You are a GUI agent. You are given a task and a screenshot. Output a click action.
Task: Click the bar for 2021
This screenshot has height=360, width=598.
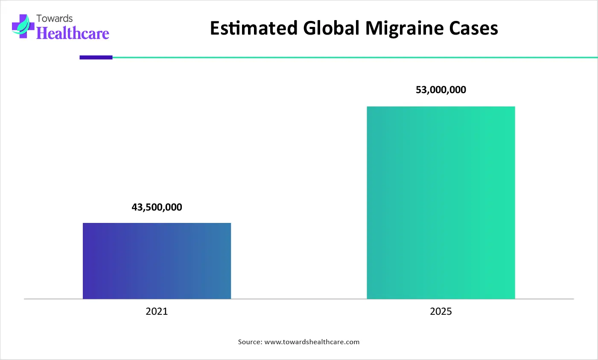(x=157, y=261)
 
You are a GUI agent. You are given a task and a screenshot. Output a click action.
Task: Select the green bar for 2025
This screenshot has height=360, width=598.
(x=441, y=203)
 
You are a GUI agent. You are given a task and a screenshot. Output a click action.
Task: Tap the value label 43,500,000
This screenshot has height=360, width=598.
(x=157, y=208)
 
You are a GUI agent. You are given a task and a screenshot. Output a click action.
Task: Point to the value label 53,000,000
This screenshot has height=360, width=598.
(x=441, y=90)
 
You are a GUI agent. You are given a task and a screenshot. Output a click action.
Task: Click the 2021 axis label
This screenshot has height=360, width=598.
(x=157, y=311)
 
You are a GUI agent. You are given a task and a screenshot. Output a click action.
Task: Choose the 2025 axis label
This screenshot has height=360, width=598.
(x=441, y=311)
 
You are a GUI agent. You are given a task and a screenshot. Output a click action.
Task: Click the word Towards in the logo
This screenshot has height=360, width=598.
(x=55, y=18)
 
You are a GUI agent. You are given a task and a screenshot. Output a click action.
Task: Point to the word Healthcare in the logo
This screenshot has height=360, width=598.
(x=73, y=33)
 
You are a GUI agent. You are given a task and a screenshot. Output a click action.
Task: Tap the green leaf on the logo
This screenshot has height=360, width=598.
(x=26, y=23)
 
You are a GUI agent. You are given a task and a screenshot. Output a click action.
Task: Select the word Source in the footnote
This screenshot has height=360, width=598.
(x=250, y=342)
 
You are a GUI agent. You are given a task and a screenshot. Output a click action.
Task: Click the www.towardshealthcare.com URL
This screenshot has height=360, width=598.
(x=312, y=342)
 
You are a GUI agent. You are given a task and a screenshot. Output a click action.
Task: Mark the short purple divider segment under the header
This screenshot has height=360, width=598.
(x=96, y=57)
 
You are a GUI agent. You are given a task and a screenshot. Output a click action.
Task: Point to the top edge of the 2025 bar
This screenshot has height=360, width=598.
(x=441, y=107)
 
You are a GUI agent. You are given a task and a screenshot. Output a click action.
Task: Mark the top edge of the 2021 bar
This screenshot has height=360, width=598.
(x=157, y=223)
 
